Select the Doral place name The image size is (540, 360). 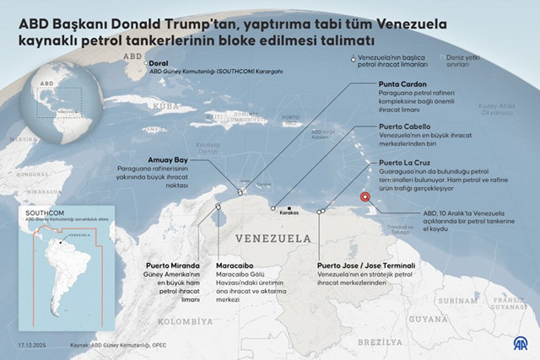click(161, 62)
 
